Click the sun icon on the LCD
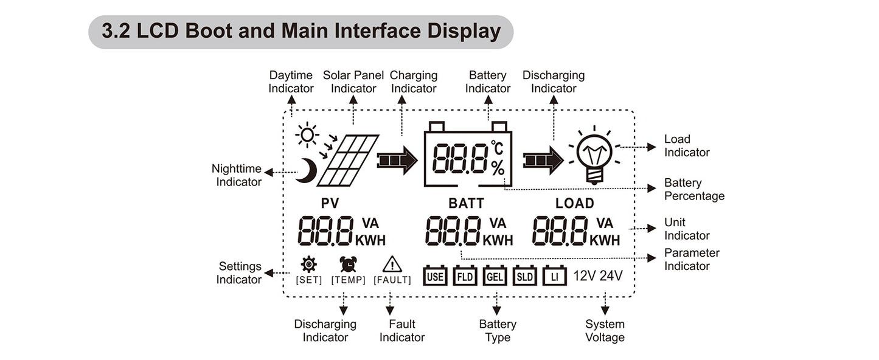click(307, 135)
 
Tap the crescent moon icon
click(307, 171)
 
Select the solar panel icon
click(348, 161)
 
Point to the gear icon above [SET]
click(309, 264)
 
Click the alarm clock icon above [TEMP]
click(349, 264)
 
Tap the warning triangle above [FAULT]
click(392, 264)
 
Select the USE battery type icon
click(435, 276)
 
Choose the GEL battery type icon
click(495, 276)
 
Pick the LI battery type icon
click(554, 276)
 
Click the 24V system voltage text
click(611, 276)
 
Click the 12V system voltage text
click(585, 276)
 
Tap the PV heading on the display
click(330, 204)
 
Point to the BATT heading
click(466, 204)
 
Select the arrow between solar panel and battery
click(397, 161)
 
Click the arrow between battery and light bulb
click(543, 161)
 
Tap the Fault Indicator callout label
click(402, 331)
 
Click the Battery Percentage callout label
click(694, 189)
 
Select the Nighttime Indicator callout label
click(237, 175)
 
